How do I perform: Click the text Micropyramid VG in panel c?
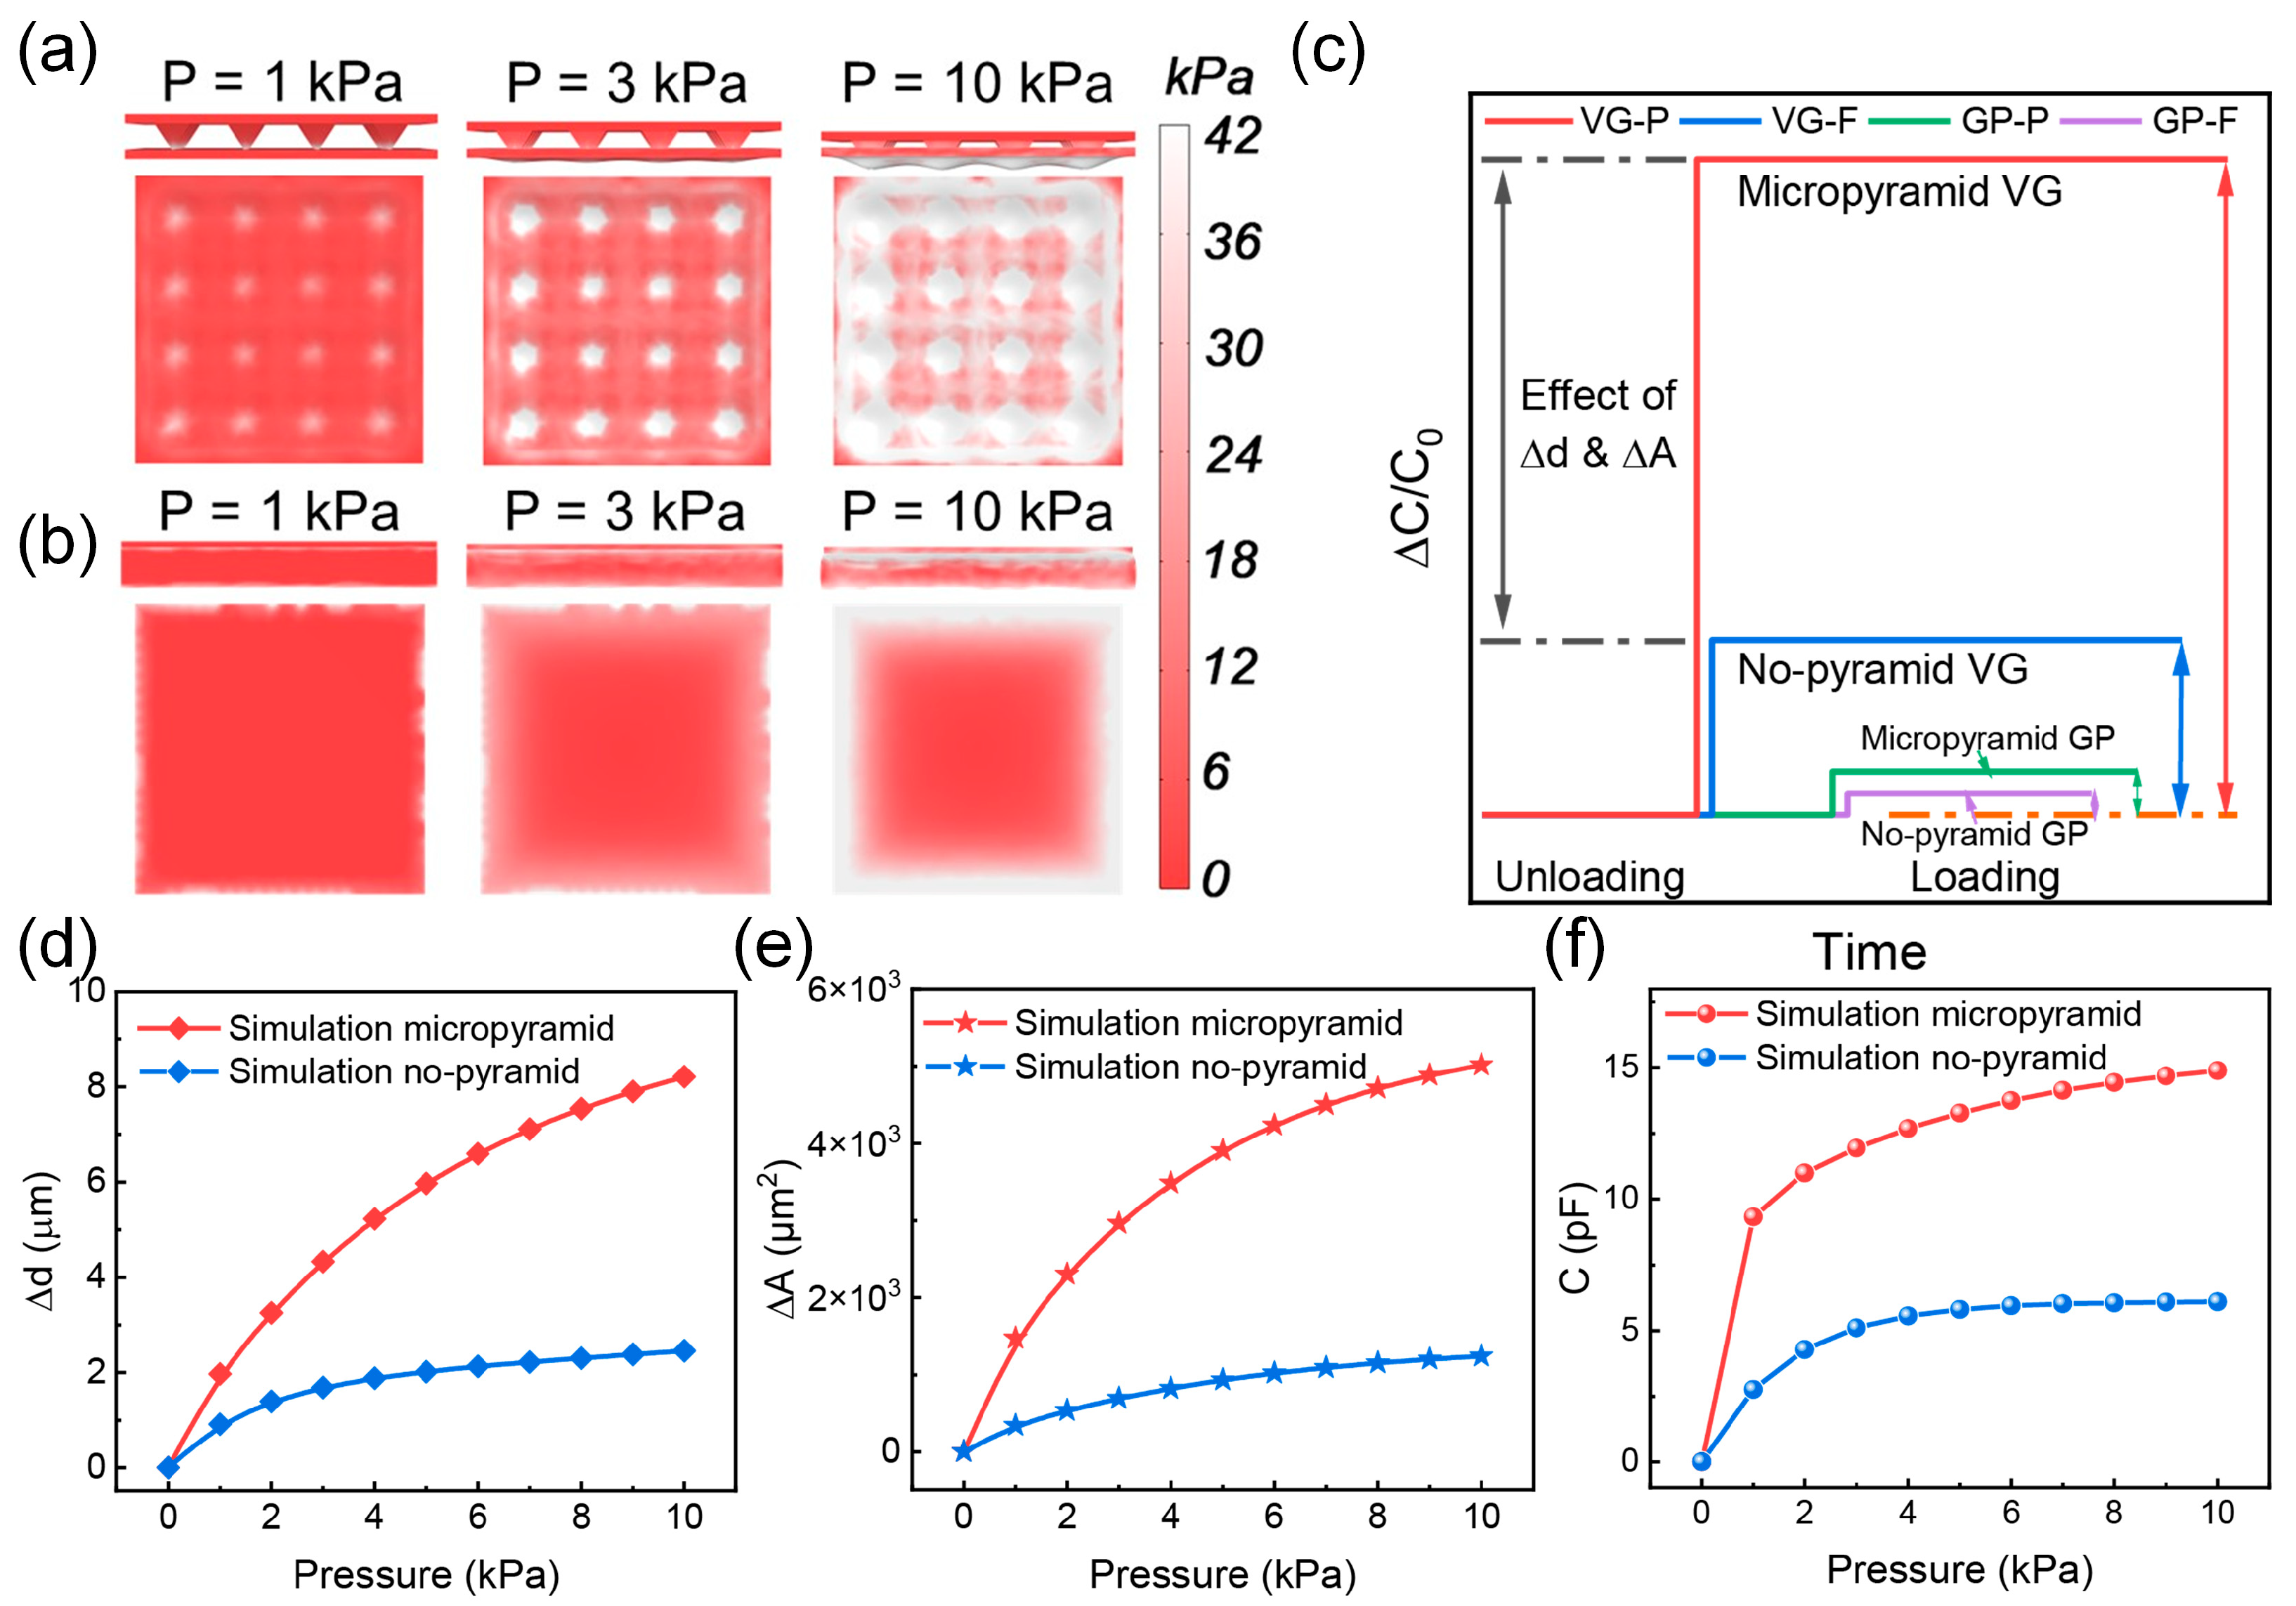[x=1899, y=191]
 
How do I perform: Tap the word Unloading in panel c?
[x=1589, y=877]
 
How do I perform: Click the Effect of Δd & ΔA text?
[x=1597, y=424]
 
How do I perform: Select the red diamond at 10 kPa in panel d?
[x=684, y=1077]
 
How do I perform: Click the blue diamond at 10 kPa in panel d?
[x=684, y=1351]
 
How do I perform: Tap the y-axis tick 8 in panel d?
[x=96, y=1086]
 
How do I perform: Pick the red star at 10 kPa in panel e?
[x=1481, y=1065]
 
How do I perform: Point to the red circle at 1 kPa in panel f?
[x=1752, y=1217]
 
